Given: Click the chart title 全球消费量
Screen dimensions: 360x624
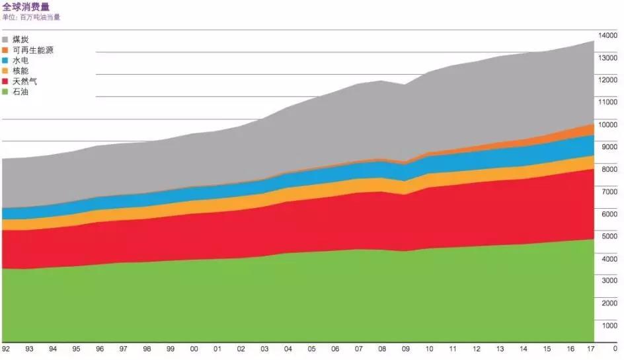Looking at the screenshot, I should coord(26,7).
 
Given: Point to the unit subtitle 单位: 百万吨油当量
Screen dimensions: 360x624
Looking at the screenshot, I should coord(31,17).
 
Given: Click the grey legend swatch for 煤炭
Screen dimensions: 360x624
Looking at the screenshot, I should coord(6,40).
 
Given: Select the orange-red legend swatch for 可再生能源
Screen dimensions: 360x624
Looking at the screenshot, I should coord(6,50).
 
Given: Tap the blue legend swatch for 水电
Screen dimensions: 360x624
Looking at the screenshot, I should coord(6,61).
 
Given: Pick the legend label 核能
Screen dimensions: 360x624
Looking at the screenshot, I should coord(20,71).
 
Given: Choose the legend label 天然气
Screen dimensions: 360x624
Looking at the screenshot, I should coord(25,81).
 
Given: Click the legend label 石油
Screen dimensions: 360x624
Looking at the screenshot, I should coord(20,92).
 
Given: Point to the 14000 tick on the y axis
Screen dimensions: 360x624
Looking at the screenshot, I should coord(607,35).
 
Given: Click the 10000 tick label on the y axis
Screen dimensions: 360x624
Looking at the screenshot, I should coord(607,124).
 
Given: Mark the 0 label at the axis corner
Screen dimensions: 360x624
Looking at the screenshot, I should coord(615,348).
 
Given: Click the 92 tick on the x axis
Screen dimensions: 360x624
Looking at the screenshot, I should coord(6,348).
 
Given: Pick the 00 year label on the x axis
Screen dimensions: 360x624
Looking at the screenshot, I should coord(194,348).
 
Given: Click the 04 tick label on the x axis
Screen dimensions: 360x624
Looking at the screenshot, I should coord(288,348).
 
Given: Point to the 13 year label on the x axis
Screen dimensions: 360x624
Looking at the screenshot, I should coord(500,348).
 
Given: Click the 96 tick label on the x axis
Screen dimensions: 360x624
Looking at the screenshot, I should coord(100,348).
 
